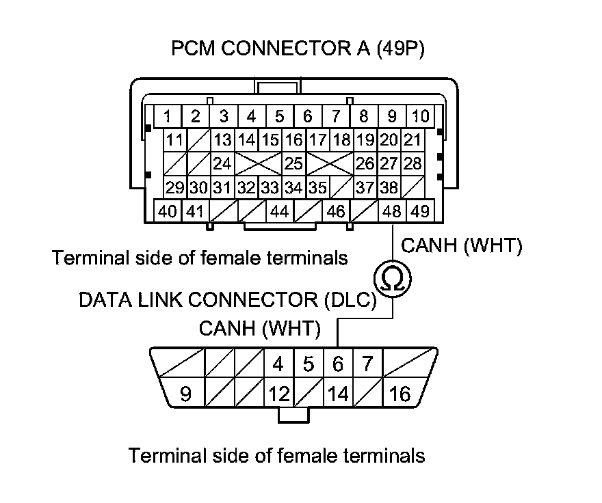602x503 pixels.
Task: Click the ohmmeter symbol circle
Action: [x=393, y=279]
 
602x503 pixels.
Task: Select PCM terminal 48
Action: [x=392, y=211]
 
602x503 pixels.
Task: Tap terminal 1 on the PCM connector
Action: [x=168, y=116]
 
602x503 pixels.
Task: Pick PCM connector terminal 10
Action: [x=421, y=116]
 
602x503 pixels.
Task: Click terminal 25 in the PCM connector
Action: [x=293, y=164]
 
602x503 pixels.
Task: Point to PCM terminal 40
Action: [x=168, y=211]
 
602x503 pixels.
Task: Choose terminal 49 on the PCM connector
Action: [x=420, y=211]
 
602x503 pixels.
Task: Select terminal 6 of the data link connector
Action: [x=338, y=363]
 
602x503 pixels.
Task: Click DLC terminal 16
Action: [x=400, y=393]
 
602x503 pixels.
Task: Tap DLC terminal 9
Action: [x=185, y=393]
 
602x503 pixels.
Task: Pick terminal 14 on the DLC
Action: [x=338, y=393]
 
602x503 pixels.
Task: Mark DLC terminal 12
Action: [x=279, y=393]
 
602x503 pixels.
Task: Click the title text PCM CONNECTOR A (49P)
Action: [x=298, y=49]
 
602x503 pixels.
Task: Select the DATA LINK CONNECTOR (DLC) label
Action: [x=228, y=299]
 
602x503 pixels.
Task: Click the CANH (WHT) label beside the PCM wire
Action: [x=462, y=245]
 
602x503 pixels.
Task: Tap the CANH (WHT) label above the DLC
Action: [x=259, y=329]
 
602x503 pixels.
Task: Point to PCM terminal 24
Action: [x=222, y=164]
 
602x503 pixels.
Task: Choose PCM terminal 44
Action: [x=280, y=211]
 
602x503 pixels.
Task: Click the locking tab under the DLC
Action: [x=293, y=415]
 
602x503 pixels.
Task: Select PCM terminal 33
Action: [x=270, y=188]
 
